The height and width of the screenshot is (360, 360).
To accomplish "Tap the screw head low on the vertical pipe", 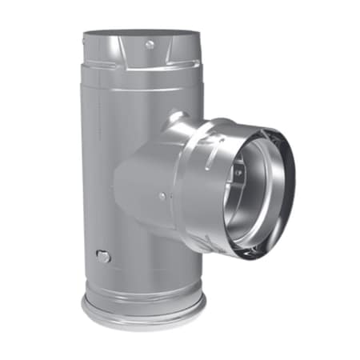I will [101, 256].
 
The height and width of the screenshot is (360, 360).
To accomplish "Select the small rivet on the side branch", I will [162, 196].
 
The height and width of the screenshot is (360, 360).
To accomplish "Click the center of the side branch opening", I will [256, 192].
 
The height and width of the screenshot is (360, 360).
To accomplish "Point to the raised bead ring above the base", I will [142, 290].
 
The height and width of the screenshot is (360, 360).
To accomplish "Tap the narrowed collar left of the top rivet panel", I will [100, 56].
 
